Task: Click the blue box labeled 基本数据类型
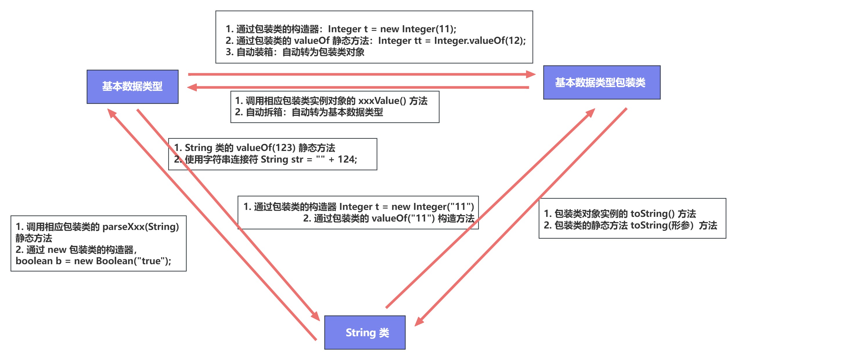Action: pos(132,87)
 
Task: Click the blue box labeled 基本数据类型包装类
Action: pos(602,82)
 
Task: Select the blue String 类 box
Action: pos(365,332)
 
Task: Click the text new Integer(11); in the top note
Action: pos(418,29)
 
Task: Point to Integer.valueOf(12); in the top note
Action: pos(480,40)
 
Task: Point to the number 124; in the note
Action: pos(347,159)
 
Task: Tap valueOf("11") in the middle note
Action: pos(403,218)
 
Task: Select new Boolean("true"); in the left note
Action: pos(122,261)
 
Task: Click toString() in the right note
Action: pos(652,213)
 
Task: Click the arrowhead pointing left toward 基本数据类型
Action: pos(192,87)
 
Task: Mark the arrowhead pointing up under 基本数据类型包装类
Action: pos(590,113)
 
